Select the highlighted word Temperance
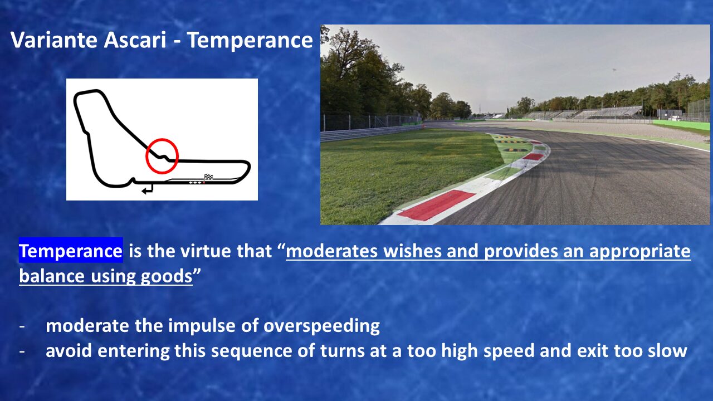[x=71, y=251]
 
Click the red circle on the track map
[x=162, y=156]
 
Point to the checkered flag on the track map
[x=208, y=177]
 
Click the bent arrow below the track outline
[x=148, y=189]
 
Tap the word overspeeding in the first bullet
[x=321, y=326]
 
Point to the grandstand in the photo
[x=583, y=113]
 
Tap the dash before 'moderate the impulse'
[x=22, y=327]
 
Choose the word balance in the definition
[x=52, y=276]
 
